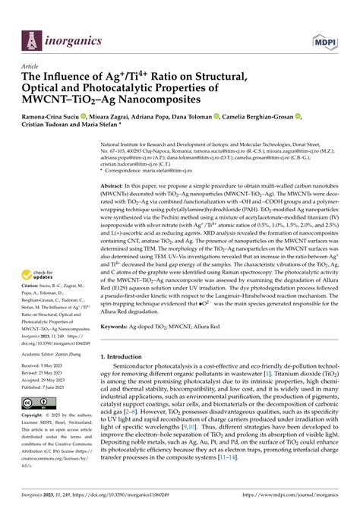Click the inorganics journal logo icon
[x=30, y=37]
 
